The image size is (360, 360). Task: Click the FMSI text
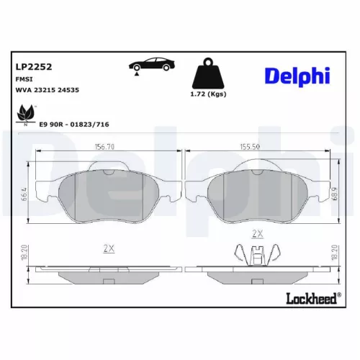24,79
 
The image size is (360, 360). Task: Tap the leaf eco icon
25,112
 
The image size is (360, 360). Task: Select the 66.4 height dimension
24,192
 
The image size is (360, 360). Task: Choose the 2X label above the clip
256,234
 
